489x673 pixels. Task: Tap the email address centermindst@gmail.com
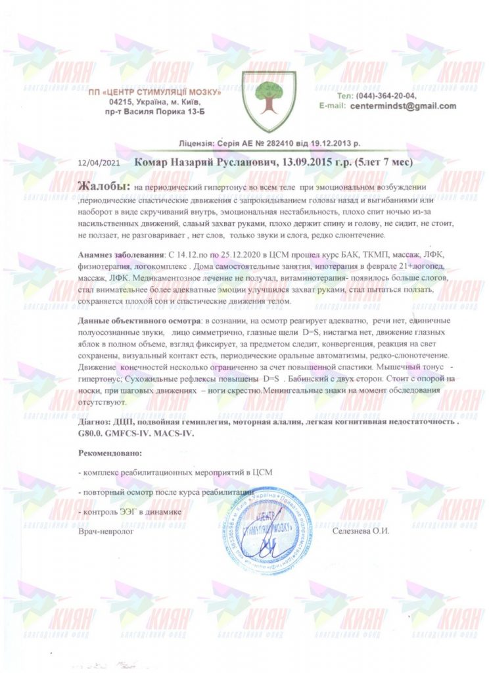tap(404, 105)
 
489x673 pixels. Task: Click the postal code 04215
tap(122, 103)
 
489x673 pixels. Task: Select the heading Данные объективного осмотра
tap(140, 320)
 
